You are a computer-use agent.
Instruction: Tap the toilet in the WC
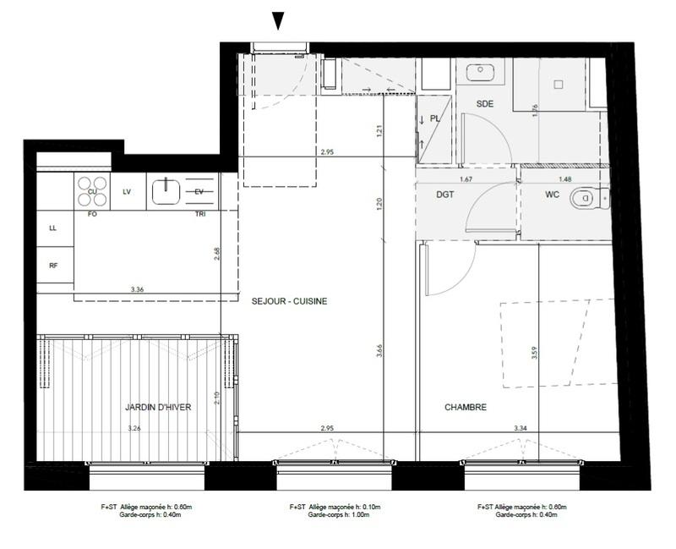(x=582, y=200)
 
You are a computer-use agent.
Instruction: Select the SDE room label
(x=484, y=103)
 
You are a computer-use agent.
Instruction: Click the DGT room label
(x=445, y=195)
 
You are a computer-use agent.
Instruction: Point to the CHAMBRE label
(x=466, y=408)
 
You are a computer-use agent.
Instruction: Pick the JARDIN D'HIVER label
(x=158, y=408)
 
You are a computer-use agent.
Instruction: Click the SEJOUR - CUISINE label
(x=289, y=301)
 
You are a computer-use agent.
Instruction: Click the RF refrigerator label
(x=53, y=266)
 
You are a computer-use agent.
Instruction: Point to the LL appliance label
(x=53, y=228)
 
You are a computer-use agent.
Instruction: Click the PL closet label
(x=435, y=119)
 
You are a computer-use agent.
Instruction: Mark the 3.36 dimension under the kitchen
(x=138, y=289)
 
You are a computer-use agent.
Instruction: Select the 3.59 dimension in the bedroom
(x=534, y=354)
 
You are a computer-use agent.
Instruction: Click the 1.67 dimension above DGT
(x=465, y=179)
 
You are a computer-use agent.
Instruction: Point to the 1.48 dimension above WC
(x=564, y=179)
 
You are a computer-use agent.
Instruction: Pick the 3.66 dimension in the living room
(x=380, y=354)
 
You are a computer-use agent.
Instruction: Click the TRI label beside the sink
(x=199, y=215)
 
